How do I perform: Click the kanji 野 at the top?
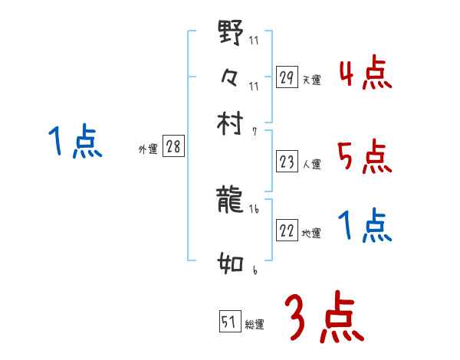231,34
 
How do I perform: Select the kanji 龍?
231,200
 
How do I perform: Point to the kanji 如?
231,264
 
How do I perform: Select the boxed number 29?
287,77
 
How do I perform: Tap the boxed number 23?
287,162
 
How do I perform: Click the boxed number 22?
287,231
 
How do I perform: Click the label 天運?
312,80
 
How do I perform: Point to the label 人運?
312,164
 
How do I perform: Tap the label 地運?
312,234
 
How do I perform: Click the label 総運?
255,325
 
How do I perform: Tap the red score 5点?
364,158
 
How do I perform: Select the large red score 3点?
324,317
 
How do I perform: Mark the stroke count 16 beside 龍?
254,208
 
